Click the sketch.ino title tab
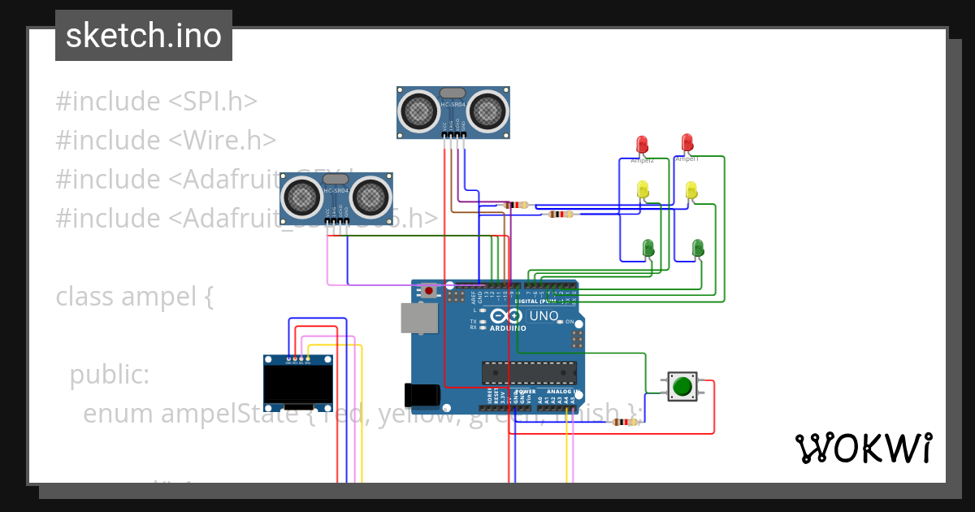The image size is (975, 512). coord(143,36)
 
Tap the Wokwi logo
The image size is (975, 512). coord(863,448)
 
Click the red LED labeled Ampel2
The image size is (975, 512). coord(642,145)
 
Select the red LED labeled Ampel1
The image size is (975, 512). coord(687,143)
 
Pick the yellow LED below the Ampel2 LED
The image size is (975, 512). coord(643,189)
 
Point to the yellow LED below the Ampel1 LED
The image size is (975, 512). coord(691,190)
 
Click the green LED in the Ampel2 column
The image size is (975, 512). coord(648,247)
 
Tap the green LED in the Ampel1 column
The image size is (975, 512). coord(697,247)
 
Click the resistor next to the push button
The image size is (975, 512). coord(624,422)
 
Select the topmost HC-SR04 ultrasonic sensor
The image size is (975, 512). coord(453,111)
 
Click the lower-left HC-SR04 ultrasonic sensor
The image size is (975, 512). coord(336,197)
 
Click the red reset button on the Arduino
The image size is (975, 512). coord(428,289)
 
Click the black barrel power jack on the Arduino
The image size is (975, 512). coord(424,394)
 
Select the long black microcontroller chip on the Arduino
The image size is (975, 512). coord(529,372)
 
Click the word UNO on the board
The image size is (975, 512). coord(544,316)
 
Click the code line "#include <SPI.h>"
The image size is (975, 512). coord(156,102)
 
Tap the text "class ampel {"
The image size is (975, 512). coord(134,297)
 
